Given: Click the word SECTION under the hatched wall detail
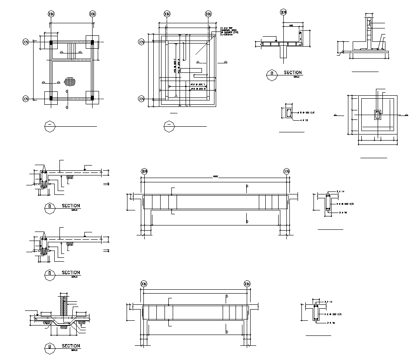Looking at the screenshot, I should pos(71,346).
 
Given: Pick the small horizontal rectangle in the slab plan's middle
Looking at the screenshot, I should pos(191,70).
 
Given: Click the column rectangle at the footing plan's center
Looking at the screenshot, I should pos(377,115).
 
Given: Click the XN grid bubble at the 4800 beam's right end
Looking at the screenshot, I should pos(287,171).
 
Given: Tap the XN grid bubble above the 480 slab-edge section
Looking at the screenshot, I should pos(283,13).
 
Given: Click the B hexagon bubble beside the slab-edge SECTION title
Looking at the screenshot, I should pos(272,74).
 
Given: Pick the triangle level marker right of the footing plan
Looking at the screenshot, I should pos(405,115).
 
